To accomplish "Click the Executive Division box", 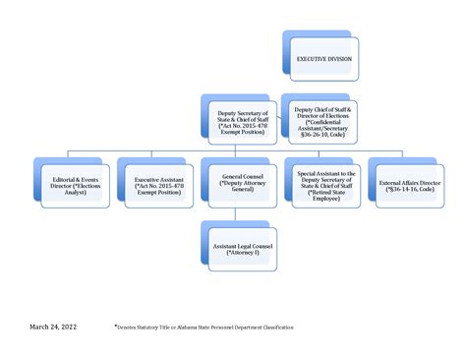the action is click(x=322, y=59).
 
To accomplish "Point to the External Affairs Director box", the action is click(x=406, y=184).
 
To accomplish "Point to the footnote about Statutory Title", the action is click(x=207, y=325).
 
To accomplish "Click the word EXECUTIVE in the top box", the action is click(x=313, y=59).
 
